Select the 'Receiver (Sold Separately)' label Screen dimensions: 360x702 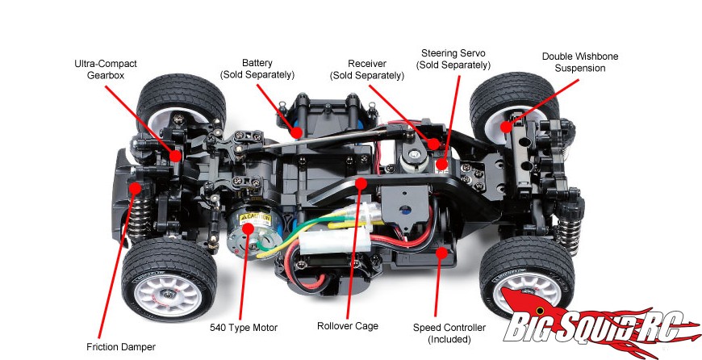367,69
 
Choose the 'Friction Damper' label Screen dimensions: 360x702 121,347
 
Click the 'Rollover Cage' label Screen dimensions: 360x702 348,326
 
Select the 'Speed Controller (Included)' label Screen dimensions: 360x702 449,333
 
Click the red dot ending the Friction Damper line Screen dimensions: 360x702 136,187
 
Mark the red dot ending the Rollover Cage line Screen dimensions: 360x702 361,183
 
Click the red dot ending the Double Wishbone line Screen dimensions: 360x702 507,126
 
